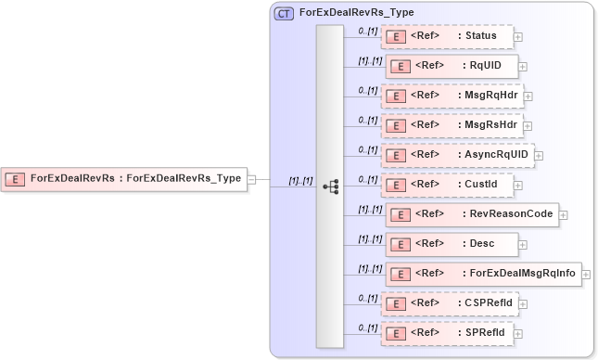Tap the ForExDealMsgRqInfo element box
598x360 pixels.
[482, 274]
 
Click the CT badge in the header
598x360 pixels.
[285, 13]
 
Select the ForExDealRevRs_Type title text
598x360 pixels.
[357, 13]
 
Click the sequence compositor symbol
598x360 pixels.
[330, 186]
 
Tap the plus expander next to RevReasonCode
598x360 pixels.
[564, 214]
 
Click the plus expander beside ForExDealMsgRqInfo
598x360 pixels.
[586, 274]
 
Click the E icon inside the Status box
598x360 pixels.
[397, 37]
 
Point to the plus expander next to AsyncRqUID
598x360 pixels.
[539, 155]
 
